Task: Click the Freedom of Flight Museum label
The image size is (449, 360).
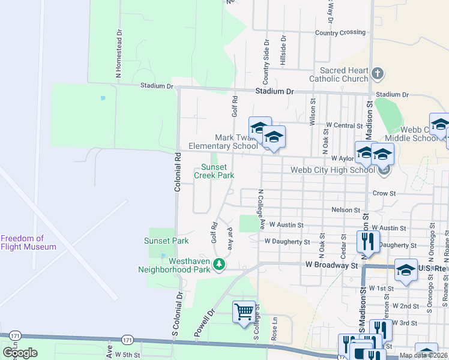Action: coord(28,242)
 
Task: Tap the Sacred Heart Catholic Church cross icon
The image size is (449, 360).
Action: coord(377,74)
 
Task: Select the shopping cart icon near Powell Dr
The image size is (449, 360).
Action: coord(244,311)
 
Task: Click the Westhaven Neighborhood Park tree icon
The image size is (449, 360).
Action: coord(220,264)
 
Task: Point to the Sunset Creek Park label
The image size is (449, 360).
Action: coord(214,171)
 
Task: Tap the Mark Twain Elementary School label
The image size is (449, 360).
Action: coord(223,142)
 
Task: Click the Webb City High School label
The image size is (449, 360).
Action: coord(332,170)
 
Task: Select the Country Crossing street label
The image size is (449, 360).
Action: coord(339,33)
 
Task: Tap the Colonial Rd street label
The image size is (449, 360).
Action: coord(178,172)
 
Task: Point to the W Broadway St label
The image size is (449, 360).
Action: coord(331,265)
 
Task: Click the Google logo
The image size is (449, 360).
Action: coord(20,353)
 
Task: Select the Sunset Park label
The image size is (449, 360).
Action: coord(166,241)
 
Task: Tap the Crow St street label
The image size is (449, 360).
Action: coord(384,194)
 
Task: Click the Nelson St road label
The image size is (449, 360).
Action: coord(345,210)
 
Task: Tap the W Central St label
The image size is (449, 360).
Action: coord(344,126)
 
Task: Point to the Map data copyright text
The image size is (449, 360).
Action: coord(423,355)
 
